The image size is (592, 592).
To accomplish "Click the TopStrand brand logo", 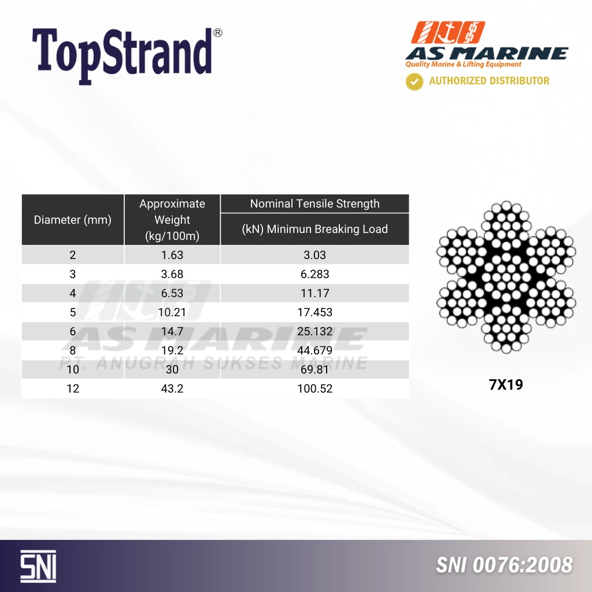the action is pos(127,55).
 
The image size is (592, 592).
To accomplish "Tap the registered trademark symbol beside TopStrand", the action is pos(218,33).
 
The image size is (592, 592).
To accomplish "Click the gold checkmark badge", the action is pos(414,82).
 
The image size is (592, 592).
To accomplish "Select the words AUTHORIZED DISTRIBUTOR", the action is pos(489,81).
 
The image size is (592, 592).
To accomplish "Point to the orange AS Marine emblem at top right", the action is pos(448,32).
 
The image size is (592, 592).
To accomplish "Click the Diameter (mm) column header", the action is pos(72,220).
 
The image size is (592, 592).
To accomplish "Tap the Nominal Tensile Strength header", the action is pos(314,203).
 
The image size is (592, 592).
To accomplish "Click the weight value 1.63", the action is pos(172,255).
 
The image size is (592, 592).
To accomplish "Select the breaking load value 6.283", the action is pos(315,274).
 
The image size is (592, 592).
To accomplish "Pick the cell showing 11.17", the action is pos(315,293).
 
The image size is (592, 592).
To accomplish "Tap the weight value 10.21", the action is pos(172,312).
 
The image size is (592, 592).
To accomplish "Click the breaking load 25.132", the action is pos(315,331).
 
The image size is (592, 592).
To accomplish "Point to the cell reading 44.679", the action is pos(315,350).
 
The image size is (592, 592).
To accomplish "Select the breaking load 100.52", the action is pos(315,388).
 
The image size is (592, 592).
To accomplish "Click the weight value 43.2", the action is pos(172,388).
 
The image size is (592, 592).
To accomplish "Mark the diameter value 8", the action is pos(72,350).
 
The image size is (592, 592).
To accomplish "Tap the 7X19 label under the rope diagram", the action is pos(506,384).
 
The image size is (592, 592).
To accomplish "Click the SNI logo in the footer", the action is pos(38,566).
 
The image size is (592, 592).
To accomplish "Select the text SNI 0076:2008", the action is pos(504,565).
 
